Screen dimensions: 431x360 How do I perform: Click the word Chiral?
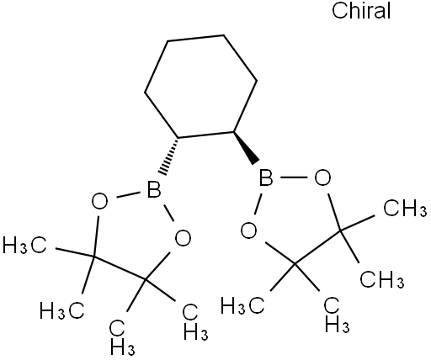point(361,11)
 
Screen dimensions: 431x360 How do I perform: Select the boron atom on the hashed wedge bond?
point(154,190)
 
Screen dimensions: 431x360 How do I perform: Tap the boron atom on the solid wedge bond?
point(266,177)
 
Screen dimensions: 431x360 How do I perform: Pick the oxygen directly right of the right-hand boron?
point(322,177)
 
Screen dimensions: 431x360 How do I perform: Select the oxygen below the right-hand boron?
point(249,230)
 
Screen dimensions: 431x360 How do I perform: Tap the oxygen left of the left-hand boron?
point(99,201)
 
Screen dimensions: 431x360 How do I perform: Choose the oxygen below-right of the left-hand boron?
point(183,238)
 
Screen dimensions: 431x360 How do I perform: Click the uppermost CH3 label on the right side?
point(405,208)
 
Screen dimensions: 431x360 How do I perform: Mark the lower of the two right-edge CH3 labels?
point(382,279)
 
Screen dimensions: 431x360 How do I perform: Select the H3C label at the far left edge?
point(24,245)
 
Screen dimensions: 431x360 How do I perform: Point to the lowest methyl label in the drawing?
point(122,337)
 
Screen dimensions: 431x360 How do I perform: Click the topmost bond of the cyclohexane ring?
point(195,39)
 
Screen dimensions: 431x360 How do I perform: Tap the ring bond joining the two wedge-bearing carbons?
point(206,135)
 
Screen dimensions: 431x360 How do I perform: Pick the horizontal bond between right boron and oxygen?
point(294,177)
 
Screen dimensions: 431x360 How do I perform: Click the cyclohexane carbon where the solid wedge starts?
point(234,131)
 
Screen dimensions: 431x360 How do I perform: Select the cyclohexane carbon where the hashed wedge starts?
point(178,137)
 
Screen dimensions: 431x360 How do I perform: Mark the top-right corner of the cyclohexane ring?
point(224,35)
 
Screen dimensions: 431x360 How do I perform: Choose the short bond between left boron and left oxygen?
point(128,195)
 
